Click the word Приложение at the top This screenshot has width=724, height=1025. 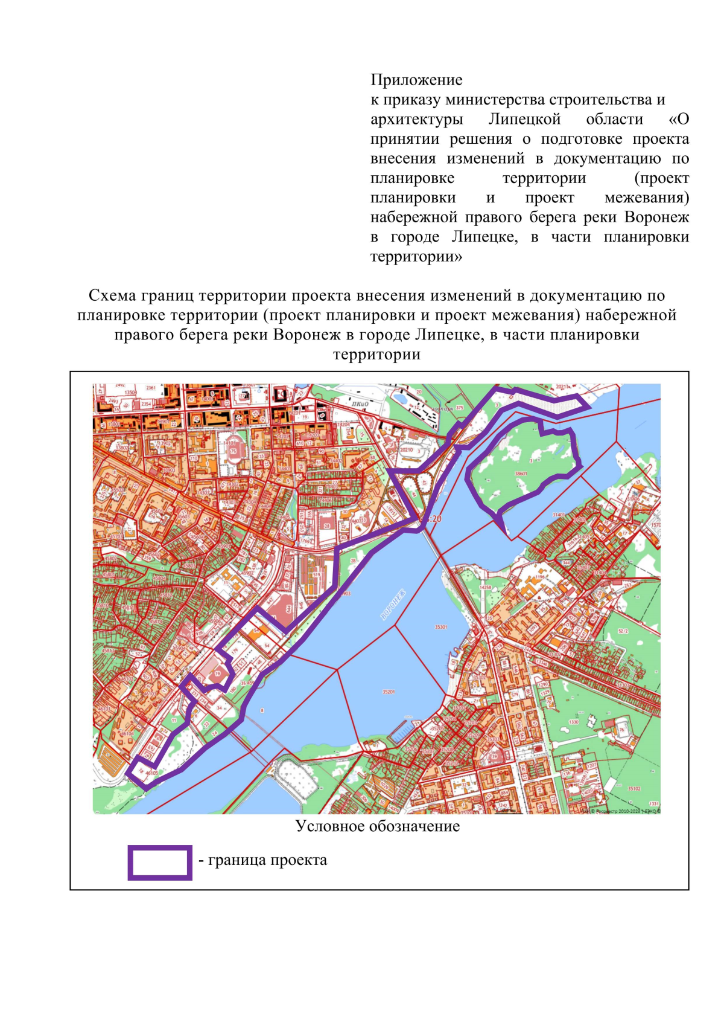(x=416, y=80)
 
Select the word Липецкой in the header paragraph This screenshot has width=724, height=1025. (x=524, y=119)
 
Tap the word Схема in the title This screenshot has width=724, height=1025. (x=112, y=295)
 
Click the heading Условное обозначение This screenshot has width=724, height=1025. (x=378, y=826)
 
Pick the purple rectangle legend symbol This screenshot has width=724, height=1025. (x=160, y=863)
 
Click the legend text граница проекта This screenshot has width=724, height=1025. (x=267, y=860)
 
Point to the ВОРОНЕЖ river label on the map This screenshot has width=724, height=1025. (x=393, y=605)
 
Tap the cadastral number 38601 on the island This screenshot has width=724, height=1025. (x=521, y=474)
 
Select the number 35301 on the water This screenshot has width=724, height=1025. (x=441, y=627)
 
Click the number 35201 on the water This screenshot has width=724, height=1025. (x=389, y=692)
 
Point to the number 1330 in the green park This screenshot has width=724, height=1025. (x=573, y=722)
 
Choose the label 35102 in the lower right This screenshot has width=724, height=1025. (x=634, y=788)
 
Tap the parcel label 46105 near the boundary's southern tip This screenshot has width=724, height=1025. (x=151, y=773)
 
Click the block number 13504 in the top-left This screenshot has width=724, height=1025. (x=130, y=393)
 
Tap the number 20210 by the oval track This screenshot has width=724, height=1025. (x=406, y=449)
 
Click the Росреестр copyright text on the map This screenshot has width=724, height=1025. (x=621, y=811)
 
